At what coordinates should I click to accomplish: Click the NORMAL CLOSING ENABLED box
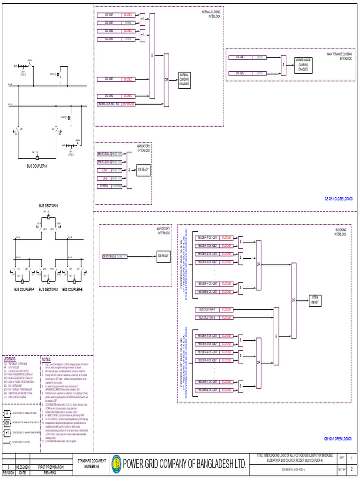pos(184,80)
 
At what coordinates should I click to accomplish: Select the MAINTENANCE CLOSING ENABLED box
pos(303,65)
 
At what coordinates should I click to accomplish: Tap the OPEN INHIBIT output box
pos(315,300)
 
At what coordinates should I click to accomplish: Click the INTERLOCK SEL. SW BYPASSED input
pos(116,104)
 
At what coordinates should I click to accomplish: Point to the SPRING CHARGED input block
pos(110,186)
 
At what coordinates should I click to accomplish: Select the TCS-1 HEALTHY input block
pos(110,170)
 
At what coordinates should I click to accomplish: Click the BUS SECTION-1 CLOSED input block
pos(214,310)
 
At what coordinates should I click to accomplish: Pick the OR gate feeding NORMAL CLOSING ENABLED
pos(166,80)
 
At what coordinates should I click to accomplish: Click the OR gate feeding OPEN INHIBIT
pos(294,300)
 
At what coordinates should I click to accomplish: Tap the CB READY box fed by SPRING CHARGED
pos(142,170)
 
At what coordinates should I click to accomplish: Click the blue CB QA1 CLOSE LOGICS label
pos(338,199)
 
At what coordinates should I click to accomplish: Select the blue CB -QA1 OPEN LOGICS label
pos(337,439)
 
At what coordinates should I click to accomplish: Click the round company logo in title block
pos(116,464)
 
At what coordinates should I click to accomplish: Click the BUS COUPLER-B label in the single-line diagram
pos(72,289)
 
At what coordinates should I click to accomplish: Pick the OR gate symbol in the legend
pos(7,422)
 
